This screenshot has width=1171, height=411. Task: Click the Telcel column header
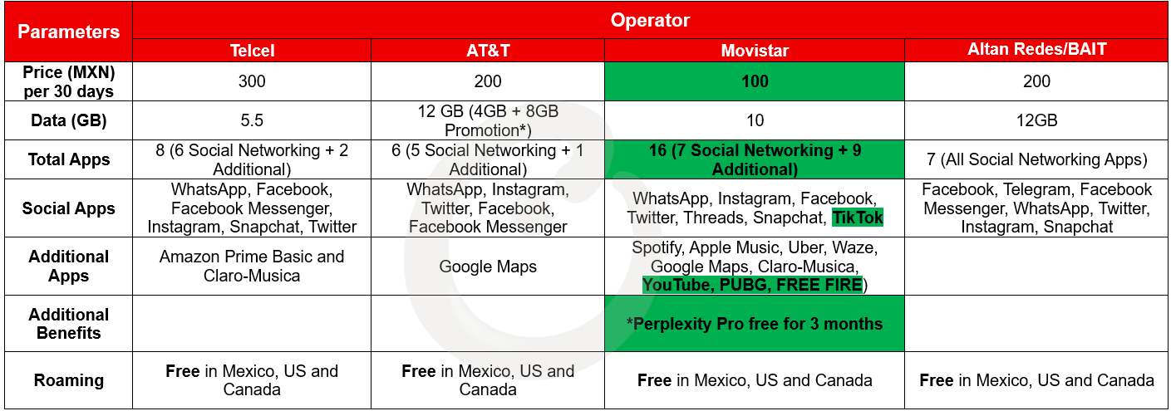click(252, 51)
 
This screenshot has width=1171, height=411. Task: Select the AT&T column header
click(488, 51)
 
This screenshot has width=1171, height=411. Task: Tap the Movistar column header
click(755, 51)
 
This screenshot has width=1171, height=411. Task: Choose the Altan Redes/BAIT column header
click(1036, 49)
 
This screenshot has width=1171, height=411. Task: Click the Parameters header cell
click(68, 32)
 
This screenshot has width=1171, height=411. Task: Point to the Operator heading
click(650, 21)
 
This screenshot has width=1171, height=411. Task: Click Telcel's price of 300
click(252, 81)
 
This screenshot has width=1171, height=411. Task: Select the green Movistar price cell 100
click(755, 81)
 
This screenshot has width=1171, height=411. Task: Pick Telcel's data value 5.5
click(252, 120)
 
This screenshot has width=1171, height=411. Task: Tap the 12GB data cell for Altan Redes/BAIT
click(1036, 120)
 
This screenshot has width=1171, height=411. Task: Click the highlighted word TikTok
click(858, 218)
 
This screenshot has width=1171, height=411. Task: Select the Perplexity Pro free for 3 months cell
click(755, 324)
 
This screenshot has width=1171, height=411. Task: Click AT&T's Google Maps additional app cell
click(488, 267)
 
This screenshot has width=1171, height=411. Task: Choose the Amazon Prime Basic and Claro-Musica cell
click(252, 267)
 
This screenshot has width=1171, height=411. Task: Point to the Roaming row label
click(68, 380)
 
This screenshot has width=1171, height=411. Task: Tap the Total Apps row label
click(68, 159)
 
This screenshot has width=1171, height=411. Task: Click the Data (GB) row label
click(68, 120)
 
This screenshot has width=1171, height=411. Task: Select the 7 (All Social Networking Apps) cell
click(1036, 159)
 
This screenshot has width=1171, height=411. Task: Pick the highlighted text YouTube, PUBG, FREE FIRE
click(752, 285)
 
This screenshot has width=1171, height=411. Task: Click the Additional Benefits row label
click(68, 324)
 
